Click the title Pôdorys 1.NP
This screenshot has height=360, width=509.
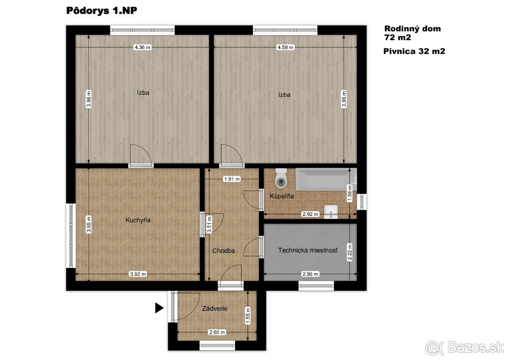(101, 11)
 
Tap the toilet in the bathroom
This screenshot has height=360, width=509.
(281, 178)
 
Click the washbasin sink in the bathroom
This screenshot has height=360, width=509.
(330, 212)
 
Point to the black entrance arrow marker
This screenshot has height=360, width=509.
(159, 308)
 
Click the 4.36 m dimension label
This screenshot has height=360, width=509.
(143, 47)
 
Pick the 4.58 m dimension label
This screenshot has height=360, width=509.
(285, 47)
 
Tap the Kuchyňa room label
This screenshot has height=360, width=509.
(138, 220)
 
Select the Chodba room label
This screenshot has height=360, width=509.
(224, 251)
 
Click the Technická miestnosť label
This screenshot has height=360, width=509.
(308, 250)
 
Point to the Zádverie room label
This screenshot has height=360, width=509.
(215, 308)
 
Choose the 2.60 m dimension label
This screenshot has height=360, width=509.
(217, 332)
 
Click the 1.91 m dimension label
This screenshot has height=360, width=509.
(232, 179)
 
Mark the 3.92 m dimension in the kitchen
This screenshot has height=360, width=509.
(138, 274)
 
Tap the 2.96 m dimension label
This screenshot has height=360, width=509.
(310, 274)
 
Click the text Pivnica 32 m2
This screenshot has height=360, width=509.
(414, 51)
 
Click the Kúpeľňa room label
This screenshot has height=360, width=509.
(282, 196)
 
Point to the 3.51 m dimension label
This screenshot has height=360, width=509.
(209, 225)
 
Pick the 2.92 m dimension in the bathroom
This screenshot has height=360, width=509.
(310, 214)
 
